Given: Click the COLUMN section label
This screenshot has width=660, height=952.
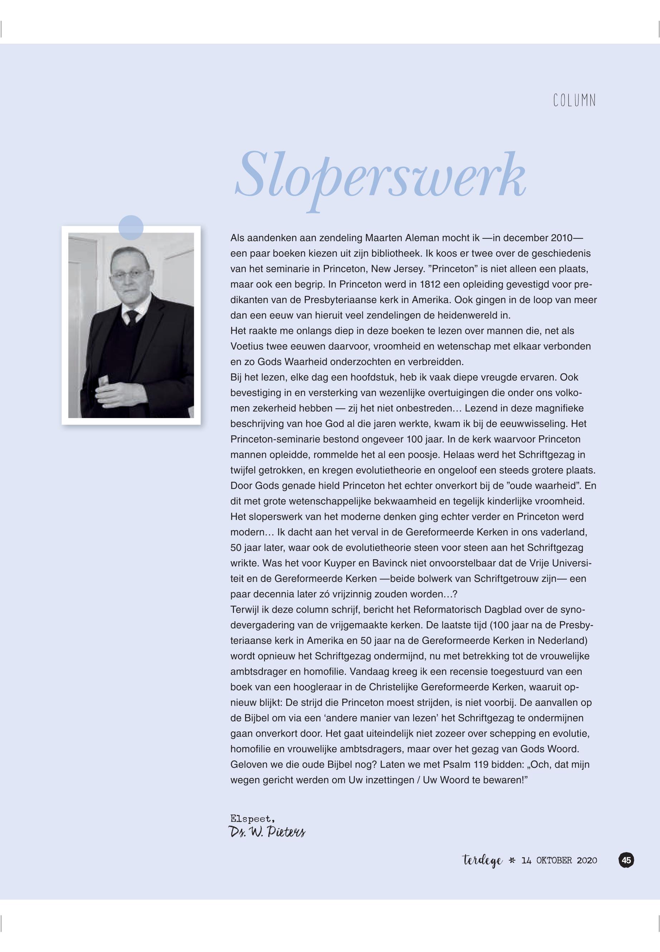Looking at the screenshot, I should click(575, 101).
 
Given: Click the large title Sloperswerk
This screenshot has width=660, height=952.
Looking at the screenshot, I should click(380, 176).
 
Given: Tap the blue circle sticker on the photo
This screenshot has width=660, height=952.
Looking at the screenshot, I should click(131, 228).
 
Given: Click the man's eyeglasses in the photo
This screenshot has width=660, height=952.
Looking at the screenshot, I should click(130, 274).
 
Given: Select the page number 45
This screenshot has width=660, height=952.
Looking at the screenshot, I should click(626, 860).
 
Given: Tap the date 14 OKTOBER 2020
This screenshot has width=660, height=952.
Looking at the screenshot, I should click(559, 861).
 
